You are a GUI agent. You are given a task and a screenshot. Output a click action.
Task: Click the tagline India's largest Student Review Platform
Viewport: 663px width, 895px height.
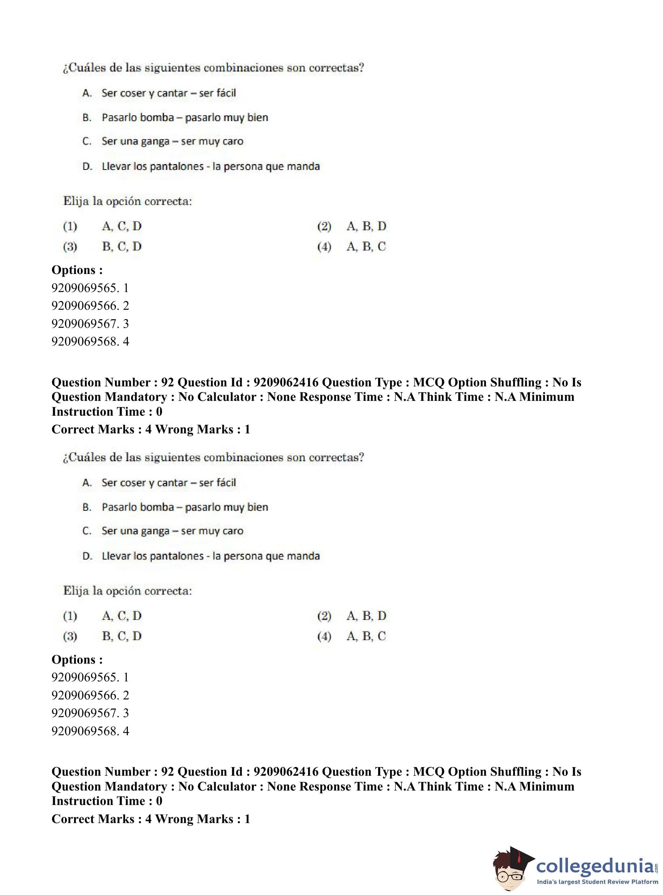[x=597, y=882]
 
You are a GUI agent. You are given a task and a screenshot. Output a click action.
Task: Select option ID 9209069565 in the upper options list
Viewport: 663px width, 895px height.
[x=90, y=288]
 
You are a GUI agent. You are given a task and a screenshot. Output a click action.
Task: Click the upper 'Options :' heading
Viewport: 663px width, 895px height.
[x=77, y=270]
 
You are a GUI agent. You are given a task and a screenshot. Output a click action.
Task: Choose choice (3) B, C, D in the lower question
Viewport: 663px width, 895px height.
[x=122, y=636]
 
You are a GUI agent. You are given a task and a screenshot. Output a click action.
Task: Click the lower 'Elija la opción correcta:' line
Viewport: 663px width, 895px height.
[x=127, y=591]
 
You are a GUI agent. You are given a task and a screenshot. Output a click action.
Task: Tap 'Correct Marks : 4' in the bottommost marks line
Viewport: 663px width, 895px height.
[x=101, y=819]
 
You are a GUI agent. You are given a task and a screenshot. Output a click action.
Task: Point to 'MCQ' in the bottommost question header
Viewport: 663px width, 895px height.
[x=429, y=772]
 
